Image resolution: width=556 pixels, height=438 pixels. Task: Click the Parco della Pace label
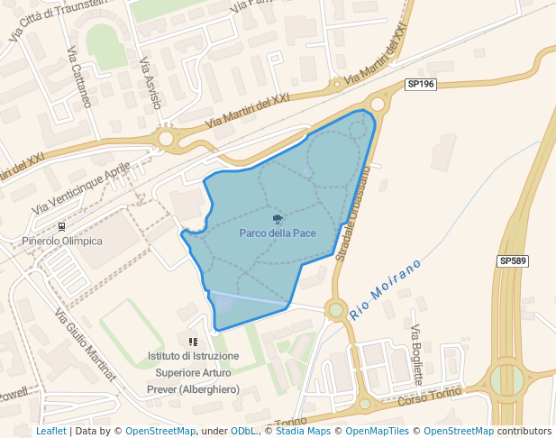(278, 233)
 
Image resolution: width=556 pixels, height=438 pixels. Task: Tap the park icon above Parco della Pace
(278, 218)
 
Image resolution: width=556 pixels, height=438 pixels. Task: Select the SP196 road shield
(421, 84)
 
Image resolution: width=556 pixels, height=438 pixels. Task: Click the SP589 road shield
(512, 260)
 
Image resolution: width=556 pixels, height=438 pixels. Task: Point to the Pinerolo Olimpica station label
(62, 241)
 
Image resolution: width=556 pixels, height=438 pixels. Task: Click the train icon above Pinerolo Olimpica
(61, 226)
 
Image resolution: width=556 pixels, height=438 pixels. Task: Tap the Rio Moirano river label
(386, 290)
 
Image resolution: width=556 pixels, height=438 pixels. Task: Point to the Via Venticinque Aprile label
(81, 188)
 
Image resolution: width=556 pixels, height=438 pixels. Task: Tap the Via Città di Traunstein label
(56, 20)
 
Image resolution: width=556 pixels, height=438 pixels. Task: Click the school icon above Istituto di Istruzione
(193, 342)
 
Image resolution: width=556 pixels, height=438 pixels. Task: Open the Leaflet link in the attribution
(50, 431)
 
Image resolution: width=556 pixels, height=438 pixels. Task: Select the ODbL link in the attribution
(243, 431)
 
